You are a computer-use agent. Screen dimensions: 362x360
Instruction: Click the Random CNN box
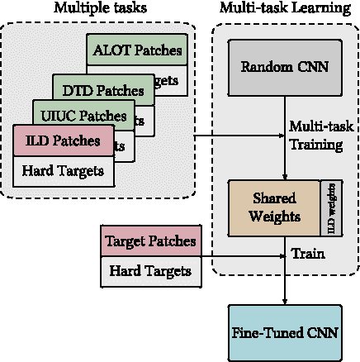click(285, 66)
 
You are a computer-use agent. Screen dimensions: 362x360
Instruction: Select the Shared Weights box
click(273, 207)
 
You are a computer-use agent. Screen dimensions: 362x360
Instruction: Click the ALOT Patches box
click(136, 50)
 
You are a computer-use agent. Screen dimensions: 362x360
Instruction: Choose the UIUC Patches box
click(81, 116)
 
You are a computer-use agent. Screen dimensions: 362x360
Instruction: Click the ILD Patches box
click(63, 141)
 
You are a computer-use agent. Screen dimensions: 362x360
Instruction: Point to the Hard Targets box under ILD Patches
click(63, 171)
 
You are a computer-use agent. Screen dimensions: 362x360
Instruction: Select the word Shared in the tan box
click(273, 198)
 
